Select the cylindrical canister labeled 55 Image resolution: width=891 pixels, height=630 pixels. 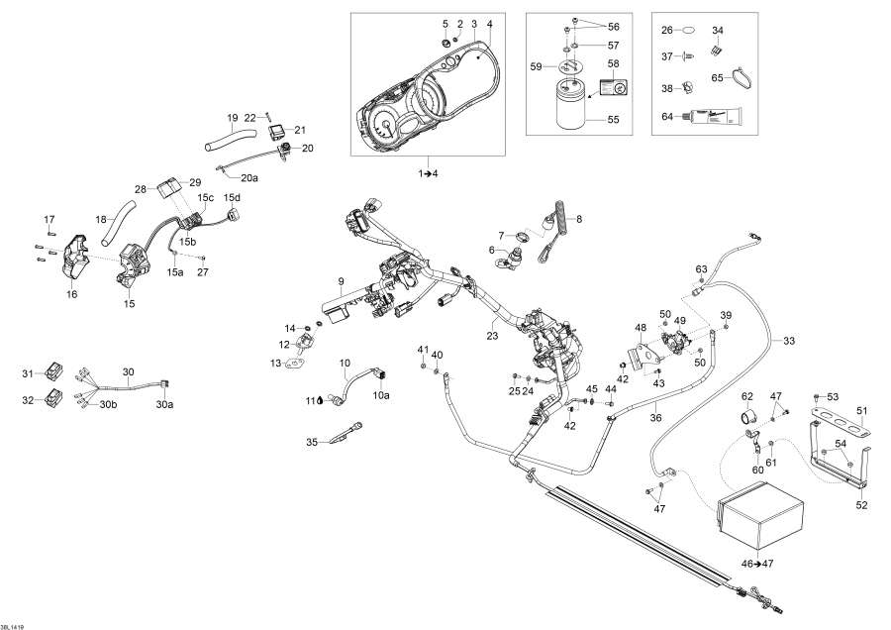pos(570,105)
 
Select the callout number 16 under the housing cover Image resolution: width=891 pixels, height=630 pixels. pos(70,294)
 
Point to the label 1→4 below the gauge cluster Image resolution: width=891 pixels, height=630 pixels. pos(428,173)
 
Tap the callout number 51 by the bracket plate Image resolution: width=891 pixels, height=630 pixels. pos(861,410)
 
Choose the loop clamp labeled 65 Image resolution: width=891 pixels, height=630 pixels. pos(740,75)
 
